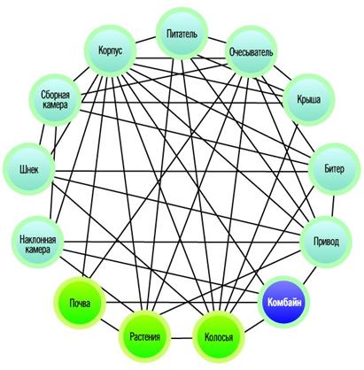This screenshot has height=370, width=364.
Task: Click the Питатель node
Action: tap(182, 33)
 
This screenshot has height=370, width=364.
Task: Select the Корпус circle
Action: tap(111, 50)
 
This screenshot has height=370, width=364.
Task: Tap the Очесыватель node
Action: tap(252, 52)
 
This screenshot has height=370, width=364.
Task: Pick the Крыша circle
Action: tap(309, 100)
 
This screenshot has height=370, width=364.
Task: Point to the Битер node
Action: tap(334, 169)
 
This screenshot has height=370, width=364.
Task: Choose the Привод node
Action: tap(326, 242)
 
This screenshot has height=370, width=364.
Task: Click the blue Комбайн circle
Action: tap(284, 302)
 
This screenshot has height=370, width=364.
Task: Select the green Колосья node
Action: tap(219, 336)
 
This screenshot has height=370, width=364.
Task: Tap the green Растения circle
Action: tap(144, 336)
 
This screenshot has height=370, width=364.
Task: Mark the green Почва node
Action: tap(80, 303)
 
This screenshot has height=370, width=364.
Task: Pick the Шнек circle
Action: tap(28, 169)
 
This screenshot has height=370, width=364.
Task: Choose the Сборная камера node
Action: tap(55, 100)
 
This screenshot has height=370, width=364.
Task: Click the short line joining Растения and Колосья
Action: tap(182, 338)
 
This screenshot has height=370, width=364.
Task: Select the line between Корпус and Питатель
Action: tap(146, 41)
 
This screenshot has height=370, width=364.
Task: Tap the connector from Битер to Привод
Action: tap(333, 205)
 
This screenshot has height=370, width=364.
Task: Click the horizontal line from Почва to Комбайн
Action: tap(182, 302)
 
